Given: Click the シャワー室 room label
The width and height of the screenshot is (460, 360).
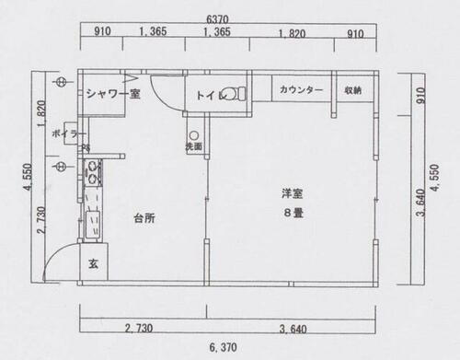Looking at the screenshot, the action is point(112,92).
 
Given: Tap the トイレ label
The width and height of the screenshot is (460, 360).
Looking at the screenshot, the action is point(210,93).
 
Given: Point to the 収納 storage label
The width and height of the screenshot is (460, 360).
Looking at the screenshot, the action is point(353,90).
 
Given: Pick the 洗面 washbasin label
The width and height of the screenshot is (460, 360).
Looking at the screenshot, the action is point(194,146).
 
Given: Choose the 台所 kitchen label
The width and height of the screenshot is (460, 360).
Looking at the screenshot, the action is point(144,219).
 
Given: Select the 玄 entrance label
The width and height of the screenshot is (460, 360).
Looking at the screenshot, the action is point(93,264).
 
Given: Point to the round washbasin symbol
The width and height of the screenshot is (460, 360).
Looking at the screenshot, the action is point(194,133).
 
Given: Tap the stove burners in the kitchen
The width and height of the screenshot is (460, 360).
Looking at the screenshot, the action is point(91,170).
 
